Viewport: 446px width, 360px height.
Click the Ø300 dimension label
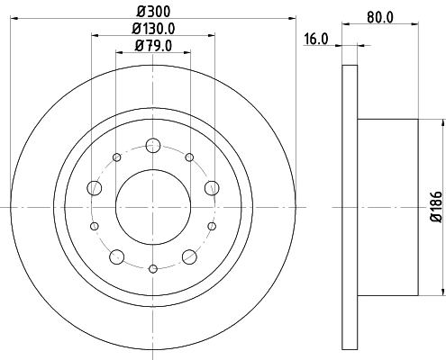pyautogui.click(x=153, y=10)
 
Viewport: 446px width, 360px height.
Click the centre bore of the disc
pyautogui.click(x=153, y=206)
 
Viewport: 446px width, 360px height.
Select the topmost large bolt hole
pyautogui.click(x=153, y=145)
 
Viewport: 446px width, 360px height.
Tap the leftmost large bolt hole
pyautogui.click(x=95, y=188)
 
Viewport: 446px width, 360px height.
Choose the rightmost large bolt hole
pyautogui.click(x=212, y=187)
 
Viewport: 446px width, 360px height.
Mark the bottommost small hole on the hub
pyautogui.click(x=153, y=267)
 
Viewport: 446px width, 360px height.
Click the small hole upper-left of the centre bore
pyautogui.click(x=117, y=157)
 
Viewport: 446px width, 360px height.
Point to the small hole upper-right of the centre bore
pyautogui.click(x=189, y=157)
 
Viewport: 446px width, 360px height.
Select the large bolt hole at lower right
pyautogui.click(x=189, y=256)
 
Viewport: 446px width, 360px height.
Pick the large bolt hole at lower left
pyautogui.click(x=117, y=256)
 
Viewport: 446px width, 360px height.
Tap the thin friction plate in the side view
pyautogui.click(x=350, y=206)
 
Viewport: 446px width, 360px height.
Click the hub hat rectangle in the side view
pyautogui.click(x=387, y=206)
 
